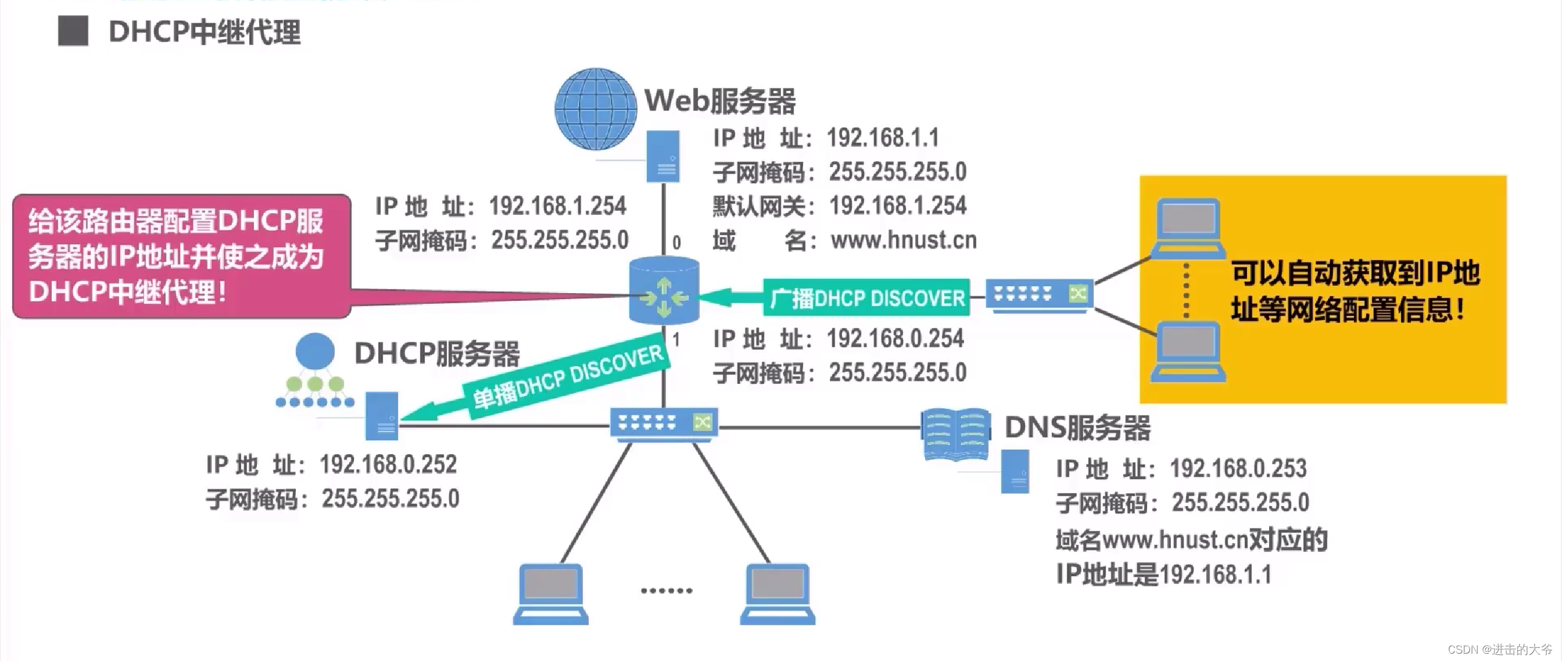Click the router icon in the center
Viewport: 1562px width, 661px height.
[x=664, y=291]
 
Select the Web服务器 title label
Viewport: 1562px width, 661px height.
[x=720, y=101]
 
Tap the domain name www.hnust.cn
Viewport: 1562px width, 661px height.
[x=904, y=240]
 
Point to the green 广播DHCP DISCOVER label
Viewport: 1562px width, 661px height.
[x=866, y=298]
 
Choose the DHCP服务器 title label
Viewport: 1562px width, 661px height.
[x=437, y=354]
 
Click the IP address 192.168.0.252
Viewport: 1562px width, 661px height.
[x=388, y=465]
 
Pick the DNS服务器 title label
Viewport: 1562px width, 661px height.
[x=1078, y=428]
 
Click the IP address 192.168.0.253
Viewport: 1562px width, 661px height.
[x=1238, y=469]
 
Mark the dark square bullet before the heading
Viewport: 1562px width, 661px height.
[x=73, y=31]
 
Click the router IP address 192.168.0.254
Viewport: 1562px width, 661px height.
[x=895, y=339]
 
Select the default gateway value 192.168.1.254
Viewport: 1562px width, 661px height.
[x=898, y=206]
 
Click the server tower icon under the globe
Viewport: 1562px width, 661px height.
[x=663, y=156]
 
